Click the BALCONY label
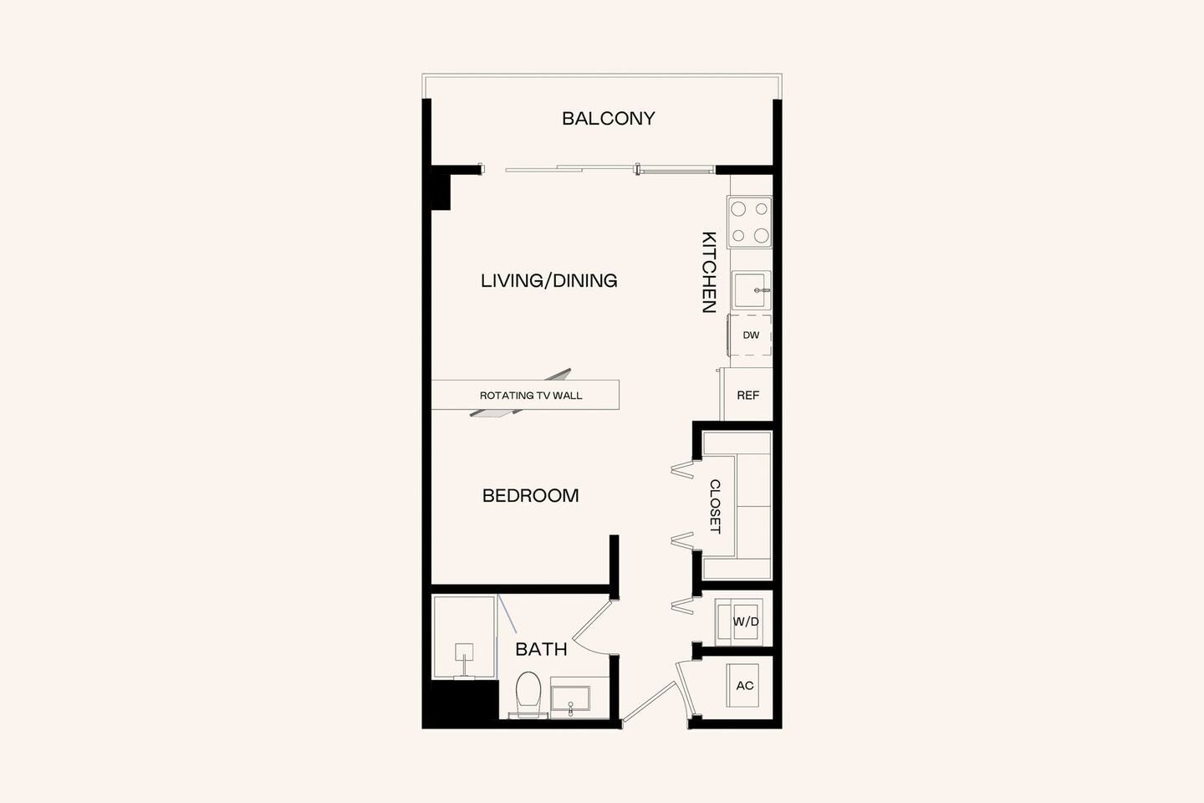point(608,119)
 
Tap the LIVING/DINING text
point(548,281)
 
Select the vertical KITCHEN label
point(709,272)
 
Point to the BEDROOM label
point(530,495)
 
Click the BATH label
point(541,649)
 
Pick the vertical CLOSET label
point(715,506)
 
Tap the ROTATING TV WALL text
point(530,396)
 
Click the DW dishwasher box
point(751,335)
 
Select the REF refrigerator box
point(747,395)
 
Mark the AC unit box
point(744,686)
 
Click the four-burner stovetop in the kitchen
point(750,222)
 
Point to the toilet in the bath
point(528,693)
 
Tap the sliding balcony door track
point(610,169)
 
